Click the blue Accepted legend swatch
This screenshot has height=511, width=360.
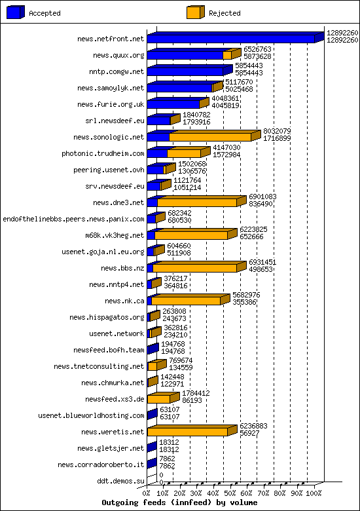click(x=16, y=12)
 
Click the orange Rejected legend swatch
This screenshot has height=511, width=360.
click(x=195, y=12)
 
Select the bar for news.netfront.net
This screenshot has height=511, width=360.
click(x=230, y=39)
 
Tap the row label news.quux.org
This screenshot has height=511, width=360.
click(x=118, y=55)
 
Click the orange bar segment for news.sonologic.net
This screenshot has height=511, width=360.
click(x=209, y=137)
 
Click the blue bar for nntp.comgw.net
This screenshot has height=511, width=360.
click(x=186, y=71)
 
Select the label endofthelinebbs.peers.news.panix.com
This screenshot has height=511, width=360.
click(x=73, y=219)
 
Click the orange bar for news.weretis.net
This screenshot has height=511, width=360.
click(x=187, y=432)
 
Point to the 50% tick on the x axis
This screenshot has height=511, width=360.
click(x=231, y=493)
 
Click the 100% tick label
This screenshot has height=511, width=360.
click(x=314, y=493)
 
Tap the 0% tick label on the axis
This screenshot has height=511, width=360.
click(x=147, y=493)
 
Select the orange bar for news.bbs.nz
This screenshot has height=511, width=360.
click(x=194, y=268)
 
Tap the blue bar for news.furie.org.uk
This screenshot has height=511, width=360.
click(x=173, y=104)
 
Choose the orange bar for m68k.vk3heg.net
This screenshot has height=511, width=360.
click(x=190, y=235)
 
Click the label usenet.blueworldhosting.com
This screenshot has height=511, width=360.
click(x=91, y=415)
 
